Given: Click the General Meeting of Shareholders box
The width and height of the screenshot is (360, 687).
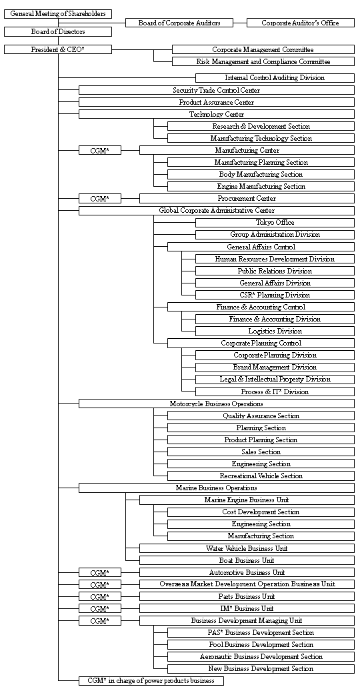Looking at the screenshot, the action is pos(58,13).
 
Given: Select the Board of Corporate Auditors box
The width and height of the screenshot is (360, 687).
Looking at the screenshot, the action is pos(179,23).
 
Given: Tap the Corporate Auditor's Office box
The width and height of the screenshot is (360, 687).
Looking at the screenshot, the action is pos(301,23).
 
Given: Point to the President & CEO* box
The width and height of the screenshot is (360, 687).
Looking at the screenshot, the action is pos(58,49).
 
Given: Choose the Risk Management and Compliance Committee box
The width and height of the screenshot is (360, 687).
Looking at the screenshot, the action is pos(263,62).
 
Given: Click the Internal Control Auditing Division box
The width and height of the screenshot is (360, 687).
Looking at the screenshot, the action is pos(275,78).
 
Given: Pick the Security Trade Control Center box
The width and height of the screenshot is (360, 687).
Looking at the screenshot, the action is pos(217,90).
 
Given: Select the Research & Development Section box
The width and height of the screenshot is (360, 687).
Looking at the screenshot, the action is pos(261,126).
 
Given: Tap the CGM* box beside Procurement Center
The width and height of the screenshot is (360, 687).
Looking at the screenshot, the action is pos(100,199).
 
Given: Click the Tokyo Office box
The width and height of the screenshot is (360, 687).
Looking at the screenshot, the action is pos(275,223).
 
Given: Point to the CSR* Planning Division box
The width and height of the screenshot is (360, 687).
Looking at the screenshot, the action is pos(275,295).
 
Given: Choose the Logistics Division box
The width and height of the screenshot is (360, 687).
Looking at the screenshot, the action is pos(275,331).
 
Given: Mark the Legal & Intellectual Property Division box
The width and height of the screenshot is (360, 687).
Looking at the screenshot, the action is pos(275,380).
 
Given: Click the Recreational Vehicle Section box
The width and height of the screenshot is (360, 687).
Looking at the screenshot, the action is pos(261,476).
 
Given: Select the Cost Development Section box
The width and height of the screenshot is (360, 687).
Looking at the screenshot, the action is pos(261,512).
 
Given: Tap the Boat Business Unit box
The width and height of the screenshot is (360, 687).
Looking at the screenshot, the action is pos(247,560).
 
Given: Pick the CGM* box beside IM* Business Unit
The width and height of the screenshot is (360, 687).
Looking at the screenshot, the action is pos(100,608).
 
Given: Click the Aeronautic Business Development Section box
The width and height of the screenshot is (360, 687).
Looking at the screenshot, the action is pos(261,657).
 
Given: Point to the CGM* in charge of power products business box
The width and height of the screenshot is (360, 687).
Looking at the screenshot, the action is pos(151,681).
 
